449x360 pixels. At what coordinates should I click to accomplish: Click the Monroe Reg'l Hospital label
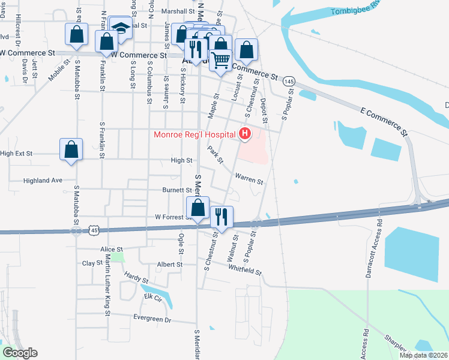click(195, 134)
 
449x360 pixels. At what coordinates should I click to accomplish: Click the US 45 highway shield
click(94, 230)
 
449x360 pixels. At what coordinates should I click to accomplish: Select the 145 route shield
click(289, 81)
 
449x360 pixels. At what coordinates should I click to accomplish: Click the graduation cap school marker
click(121, 29)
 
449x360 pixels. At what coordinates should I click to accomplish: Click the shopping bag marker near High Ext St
click(71, 150)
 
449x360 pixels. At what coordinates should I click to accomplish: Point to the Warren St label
click(249, 179)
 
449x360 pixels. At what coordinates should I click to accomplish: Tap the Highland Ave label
click(43, 180)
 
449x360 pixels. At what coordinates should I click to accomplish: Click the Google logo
click(20, 353)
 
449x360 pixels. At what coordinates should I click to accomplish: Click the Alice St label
click(112, 249)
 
